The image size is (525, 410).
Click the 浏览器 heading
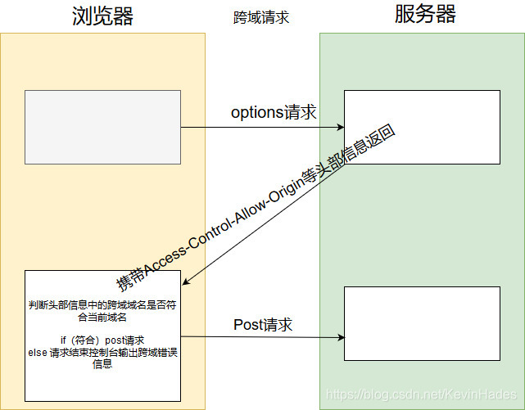102,16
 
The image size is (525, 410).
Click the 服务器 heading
424,15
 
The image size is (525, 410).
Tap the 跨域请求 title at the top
261,17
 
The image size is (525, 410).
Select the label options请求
274,113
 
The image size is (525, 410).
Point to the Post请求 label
263,325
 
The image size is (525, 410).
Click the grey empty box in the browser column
102,127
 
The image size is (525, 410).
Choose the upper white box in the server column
421,128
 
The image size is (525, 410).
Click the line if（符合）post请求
102,340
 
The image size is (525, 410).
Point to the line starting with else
102,353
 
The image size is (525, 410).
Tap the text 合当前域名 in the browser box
102,317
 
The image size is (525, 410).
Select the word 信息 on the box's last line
102,364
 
